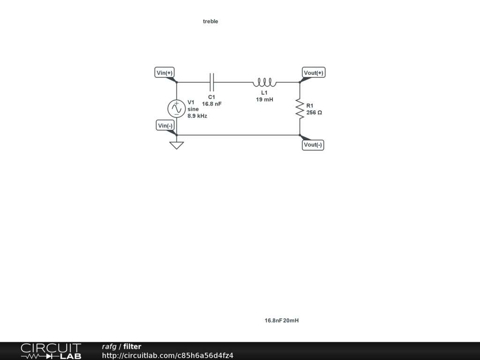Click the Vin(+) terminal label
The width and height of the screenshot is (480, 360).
coord(165,73)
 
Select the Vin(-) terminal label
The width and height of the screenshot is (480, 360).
coord(165,126)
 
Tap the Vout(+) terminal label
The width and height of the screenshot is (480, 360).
coord(314,73)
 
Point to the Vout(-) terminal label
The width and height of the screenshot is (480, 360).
coord(313,145)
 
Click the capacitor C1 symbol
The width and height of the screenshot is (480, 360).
coord(212,82)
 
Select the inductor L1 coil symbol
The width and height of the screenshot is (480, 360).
coord(264,83)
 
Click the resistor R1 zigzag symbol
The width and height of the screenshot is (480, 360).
coord(300,109)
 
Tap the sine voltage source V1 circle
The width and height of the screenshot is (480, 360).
coord(176,108)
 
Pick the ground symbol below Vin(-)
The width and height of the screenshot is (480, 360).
coord(176,145)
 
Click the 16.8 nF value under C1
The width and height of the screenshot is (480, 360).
coord(211,104)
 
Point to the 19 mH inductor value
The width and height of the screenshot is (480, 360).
coord(264,99)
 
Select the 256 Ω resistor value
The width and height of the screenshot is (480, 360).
coord(314,112)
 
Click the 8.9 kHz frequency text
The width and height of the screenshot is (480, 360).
coord(197,116)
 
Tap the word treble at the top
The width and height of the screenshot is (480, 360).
coord(210,22)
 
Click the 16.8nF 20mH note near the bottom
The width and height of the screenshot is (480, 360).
coord(281,321)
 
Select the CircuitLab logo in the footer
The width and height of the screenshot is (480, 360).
coord(51,351)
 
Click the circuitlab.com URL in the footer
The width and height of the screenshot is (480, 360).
coord(167,355)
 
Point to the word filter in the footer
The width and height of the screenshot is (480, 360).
coord(132,347)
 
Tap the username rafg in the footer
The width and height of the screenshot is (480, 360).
coord(109,347)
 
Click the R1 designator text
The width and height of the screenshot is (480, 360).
coord(310,105)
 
